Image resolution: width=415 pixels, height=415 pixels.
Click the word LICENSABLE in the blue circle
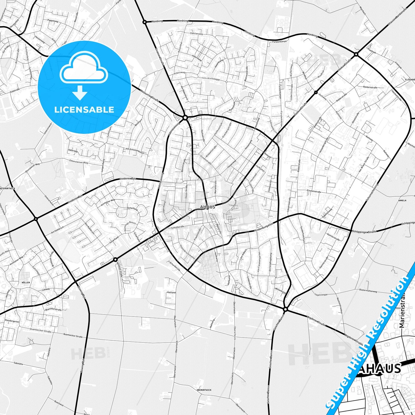84,110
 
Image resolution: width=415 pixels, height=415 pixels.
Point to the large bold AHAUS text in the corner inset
379,368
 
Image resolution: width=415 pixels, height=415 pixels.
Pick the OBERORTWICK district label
204,390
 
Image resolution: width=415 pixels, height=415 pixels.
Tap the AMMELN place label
402,200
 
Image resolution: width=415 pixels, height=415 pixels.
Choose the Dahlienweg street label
196,33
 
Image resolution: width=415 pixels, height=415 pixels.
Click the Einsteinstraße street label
314,191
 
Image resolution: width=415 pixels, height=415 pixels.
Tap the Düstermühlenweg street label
368,291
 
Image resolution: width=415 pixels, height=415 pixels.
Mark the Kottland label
171,292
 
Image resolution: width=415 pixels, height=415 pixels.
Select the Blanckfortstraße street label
53,310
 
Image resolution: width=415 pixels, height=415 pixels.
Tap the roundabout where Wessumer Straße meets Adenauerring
185,117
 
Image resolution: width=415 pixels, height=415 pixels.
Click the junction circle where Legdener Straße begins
285,309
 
